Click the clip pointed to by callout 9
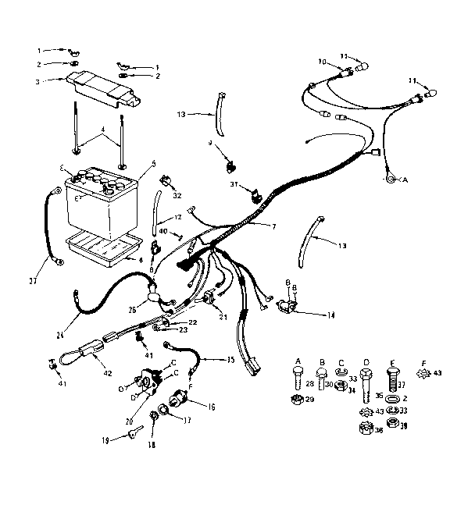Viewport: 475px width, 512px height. click(x=230, y=165)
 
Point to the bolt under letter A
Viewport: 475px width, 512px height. click(x=297, y=380)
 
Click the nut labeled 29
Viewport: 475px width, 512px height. click(x=297, y=401)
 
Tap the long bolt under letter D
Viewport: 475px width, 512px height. click(x=364, y=385)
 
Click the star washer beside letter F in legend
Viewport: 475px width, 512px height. click(x=423, y=374)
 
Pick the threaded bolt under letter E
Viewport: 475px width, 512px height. click(x=391, y=383)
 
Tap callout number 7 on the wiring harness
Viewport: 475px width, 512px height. click(x=273, y=226)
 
